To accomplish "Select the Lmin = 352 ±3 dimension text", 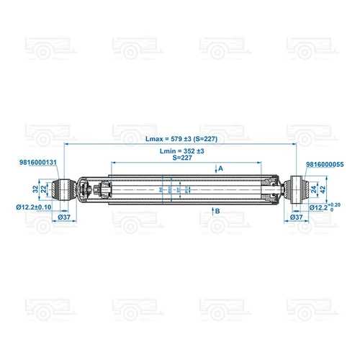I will coord(182,151).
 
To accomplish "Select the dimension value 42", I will coord(323,189).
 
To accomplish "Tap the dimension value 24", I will coord(314,189).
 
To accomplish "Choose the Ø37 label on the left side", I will coord(63,216).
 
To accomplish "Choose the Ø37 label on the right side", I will coord(295,216).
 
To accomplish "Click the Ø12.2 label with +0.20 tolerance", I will coord(320,207).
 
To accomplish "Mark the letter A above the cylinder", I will coord(220,168).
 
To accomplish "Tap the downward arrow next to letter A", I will coord(214,169).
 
